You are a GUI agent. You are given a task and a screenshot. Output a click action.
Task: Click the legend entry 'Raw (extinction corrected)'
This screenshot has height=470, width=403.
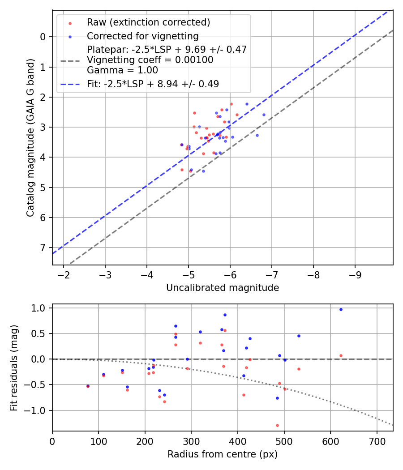pyautogui.click(x=148, y=22)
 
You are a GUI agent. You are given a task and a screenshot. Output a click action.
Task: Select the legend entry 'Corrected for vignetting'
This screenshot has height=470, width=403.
pyautogui.click(x=142, y=36)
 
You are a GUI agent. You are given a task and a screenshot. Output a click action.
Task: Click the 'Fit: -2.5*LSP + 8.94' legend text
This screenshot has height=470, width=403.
pyautogui.click(x=153, y=84)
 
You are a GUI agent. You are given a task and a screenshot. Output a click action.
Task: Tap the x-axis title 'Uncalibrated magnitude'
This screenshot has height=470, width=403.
pyautogui.click(x=223, y=288)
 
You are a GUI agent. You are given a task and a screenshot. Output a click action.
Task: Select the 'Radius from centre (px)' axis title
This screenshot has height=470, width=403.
pyautogui.click(x=223, y=454)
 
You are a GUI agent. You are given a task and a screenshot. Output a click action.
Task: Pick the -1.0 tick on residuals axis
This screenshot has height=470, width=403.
pyautogui.click(x=38, y=410)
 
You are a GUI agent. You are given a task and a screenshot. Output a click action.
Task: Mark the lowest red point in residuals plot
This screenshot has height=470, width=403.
pyautogui.click(x=277, y=425)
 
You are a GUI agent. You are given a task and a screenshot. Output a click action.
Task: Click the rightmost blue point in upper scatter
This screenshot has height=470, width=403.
pyautogui.click(x=264, y=115)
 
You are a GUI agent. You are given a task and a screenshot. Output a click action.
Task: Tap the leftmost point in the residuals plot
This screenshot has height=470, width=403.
pyautogui.click(x=88, y=386)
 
